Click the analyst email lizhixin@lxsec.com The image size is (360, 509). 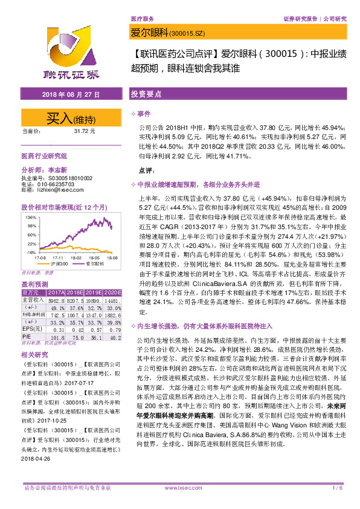coord(65,189)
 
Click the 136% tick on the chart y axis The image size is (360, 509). coord(29,216)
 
